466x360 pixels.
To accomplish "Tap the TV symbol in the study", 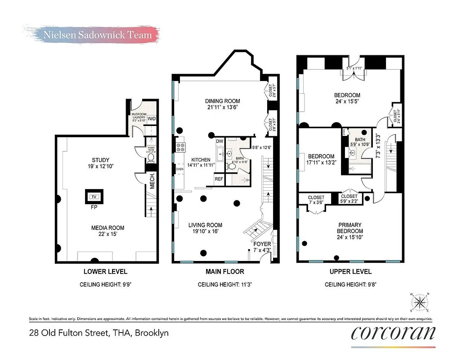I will pos(94,197).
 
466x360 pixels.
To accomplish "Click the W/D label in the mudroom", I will pos(152,119).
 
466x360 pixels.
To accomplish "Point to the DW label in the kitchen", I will pos(220,141).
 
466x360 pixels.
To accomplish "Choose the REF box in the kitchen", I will pos(219,179).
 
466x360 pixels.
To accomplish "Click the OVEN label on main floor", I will pos(179,169).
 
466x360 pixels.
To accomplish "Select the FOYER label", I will pos(262,244).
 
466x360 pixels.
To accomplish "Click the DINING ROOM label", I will pos(222,101).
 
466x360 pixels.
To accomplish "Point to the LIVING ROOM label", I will pos(205,225).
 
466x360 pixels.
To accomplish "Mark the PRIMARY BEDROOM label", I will pos(349,228).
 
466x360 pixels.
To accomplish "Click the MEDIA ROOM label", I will pos(108,228).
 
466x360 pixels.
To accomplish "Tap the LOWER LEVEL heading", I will pos(105,271).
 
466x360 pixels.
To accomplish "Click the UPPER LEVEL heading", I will pos(350,271).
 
